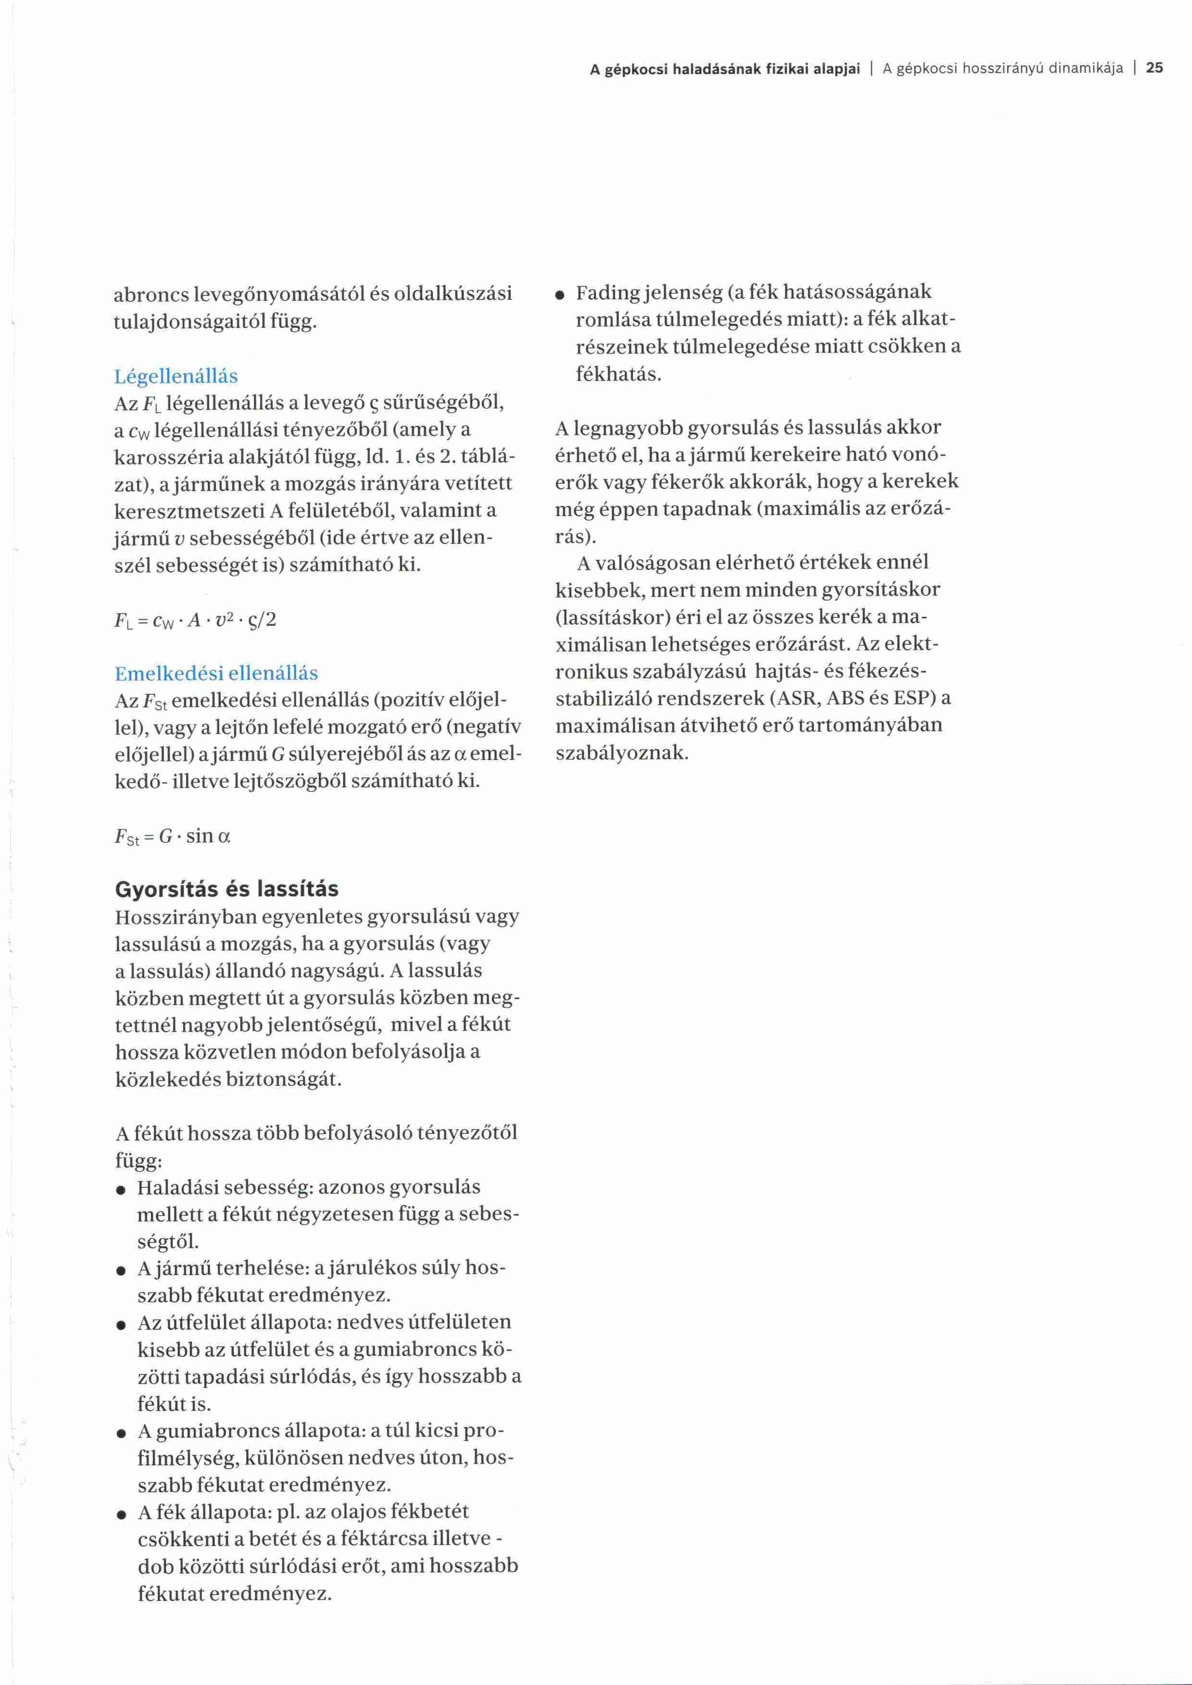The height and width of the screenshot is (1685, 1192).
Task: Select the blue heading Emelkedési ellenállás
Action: click(216, 673)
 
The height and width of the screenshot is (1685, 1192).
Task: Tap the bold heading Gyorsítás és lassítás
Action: click(227, 889)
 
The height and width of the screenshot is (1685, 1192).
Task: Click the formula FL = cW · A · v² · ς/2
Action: click(195, 620)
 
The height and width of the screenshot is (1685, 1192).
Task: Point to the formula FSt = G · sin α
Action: click(173, 836)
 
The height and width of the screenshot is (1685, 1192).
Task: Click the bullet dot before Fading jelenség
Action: click(559, 295)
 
